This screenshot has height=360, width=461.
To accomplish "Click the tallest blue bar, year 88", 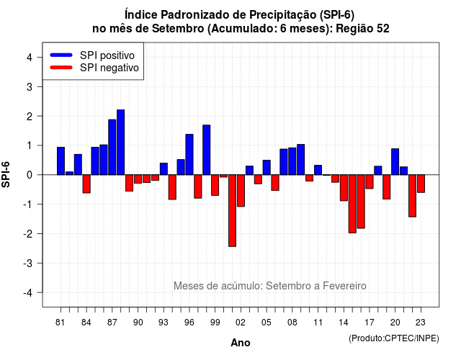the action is coord(120,143).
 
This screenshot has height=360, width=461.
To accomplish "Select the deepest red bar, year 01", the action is coord(232,210).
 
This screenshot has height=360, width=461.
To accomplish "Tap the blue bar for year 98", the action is coord(207,150).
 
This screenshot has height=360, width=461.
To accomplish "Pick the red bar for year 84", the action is coord(86,184).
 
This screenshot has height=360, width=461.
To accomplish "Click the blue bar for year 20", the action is coord(395,161).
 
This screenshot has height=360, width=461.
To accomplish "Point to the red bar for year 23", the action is coord(421,184).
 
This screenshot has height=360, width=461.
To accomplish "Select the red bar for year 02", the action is coord(241,191).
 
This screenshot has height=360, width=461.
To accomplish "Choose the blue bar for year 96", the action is coord(189,155).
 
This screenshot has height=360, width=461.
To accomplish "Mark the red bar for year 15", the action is coord(352,204).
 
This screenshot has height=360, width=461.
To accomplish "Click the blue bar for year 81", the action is coord(61,161).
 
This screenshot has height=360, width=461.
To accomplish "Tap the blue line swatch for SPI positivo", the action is coord(61,55).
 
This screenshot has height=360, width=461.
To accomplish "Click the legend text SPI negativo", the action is coord(109,68).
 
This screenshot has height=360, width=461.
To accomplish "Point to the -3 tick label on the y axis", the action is coord(29,263).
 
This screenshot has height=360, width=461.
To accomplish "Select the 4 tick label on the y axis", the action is coord(30,58).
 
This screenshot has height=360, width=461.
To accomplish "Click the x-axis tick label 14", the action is coord(343,323).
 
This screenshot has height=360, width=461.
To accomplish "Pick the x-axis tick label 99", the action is coord(215,323).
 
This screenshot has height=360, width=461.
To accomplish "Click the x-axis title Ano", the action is coord(241,343).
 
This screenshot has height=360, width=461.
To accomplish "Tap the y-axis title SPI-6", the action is coord(6,174).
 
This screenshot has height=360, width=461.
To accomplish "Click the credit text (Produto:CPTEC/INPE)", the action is coord(394,338).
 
